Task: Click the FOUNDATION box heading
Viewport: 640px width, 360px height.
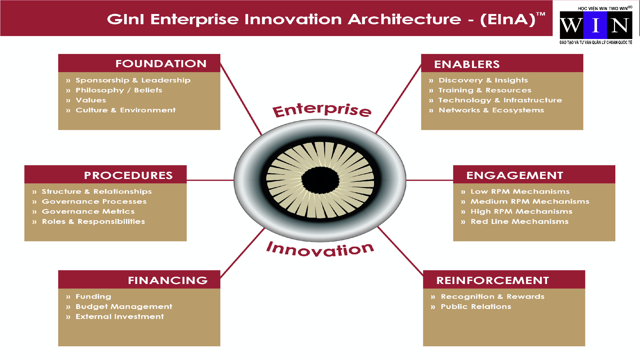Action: [x=161, y=64]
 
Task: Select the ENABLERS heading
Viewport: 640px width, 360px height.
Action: [x=467, y=64]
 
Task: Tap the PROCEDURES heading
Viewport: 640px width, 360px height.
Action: [x=128, y=175]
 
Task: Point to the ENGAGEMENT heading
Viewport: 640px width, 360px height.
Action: [x=515, y=175]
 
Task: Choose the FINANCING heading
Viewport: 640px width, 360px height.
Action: [x=168, y=280]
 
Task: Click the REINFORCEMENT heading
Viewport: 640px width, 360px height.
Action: [x=493, y=280]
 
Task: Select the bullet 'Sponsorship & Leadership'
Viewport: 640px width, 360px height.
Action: [x=133, y=80]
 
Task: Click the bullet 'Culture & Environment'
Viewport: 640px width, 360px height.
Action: [x=126, y=110]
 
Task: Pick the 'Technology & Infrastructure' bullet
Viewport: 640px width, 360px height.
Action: [x=500, y=100]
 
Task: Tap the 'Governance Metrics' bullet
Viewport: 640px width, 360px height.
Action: [x=88, y=211]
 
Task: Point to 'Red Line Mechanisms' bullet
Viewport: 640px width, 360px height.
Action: [x=520, y=221]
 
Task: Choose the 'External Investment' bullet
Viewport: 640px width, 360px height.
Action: [x=120, y=316]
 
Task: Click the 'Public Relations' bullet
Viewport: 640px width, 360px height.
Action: [x=476, y=306]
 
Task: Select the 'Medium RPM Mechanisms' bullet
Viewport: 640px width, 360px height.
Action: [x=530, y=201]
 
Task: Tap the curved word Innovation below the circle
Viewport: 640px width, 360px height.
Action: [x=320, y=249]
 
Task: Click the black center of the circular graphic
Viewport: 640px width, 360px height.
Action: [x=320, y=180]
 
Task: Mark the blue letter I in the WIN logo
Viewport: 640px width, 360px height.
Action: [x=595, y=25]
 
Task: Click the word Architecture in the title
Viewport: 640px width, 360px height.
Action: [x=404, y=19]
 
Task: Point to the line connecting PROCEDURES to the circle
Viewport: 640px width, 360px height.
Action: [x=210, y=180]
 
